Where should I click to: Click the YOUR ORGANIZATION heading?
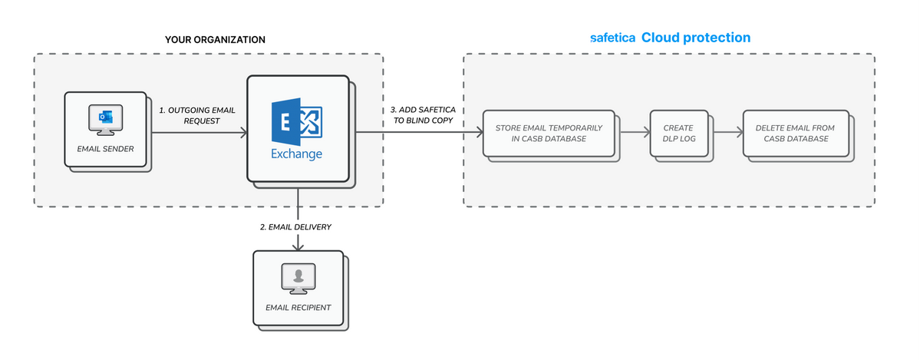pos(215,40)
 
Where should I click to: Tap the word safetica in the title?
pos(612,38)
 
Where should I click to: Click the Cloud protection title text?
pos(696,38)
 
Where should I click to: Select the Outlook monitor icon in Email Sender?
pos(105,119)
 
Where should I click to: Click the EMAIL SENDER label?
pos(105,149)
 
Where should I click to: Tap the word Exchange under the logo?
pos(296,154)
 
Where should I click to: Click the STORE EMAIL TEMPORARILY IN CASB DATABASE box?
pos(549,134)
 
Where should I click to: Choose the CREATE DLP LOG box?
pos(678,134)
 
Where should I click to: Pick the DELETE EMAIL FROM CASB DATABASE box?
pos(795,134)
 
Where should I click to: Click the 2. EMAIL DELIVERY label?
pos(299,226)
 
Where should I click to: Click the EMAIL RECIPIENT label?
pos(298,308)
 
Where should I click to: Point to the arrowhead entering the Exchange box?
pos(243,134)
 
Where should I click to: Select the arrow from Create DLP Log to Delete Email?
pos(725,134)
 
